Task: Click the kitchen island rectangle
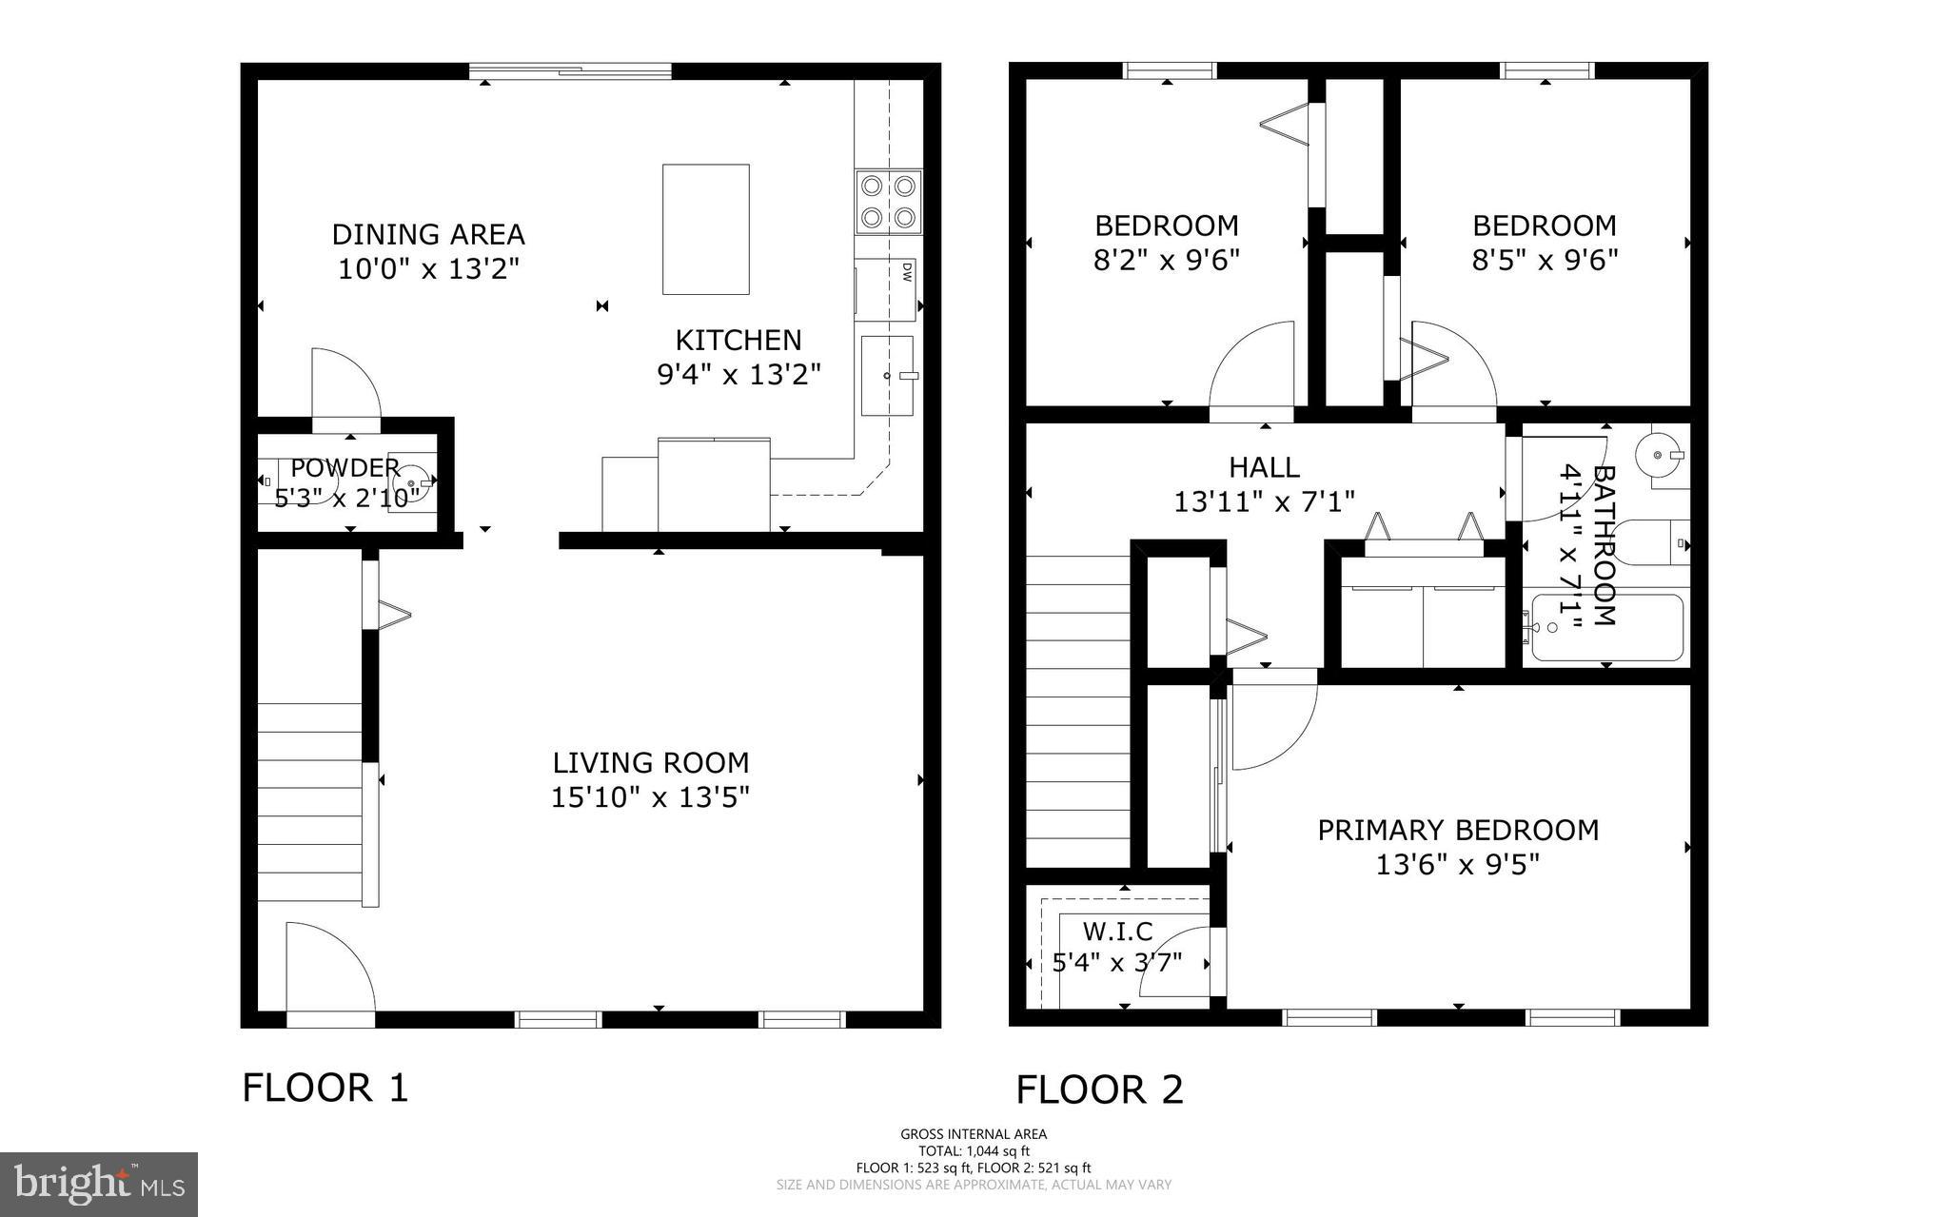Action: click(x=705, y=229)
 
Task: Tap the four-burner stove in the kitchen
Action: click(x=889, y=202)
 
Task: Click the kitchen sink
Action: click(x=887, y=375)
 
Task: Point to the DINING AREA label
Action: click(x=428, y=234)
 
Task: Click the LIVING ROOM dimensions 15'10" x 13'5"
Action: click(x=651, y=797)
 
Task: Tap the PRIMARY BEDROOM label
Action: click(x=1458, y=830)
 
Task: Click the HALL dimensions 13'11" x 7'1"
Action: click(x=1264, y=501)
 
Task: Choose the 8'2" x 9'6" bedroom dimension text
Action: click(x=1167, y=260)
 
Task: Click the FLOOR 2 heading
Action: click(x=1099, y=1090)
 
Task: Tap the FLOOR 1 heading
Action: click(x=325, y=1088)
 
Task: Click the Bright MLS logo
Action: click(x=99, y=1184)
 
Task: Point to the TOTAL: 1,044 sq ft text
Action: click(x=974, y=1150)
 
